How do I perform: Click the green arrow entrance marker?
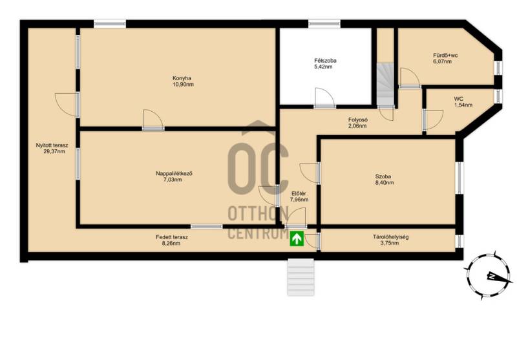[297, 238]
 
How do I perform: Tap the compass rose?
[490, 275]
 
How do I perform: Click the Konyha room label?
[183, 81]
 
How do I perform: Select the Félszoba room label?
[325, 63]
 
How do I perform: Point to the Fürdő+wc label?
[445, 58]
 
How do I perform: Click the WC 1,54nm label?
[463, 102]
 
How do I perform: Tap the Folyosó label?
[358, 123]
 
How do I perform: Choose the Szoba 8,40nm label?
[384, 179]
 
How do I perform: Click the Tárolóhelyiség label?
[391, 240]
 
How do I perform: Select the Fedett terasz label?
[172, 240]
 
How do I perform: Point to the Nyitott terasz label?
[52, 149]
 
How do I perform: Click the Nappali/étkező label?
[174, 176]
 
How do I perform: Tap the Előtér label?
[299, 196]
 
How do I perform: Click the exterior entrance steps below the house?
[301, 277]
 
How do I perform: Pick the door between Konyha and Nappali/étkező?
[153, 120]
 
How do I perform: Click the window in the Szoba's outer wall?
[459, 178]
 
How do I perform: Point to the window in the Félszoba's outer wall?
[324, 23]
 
